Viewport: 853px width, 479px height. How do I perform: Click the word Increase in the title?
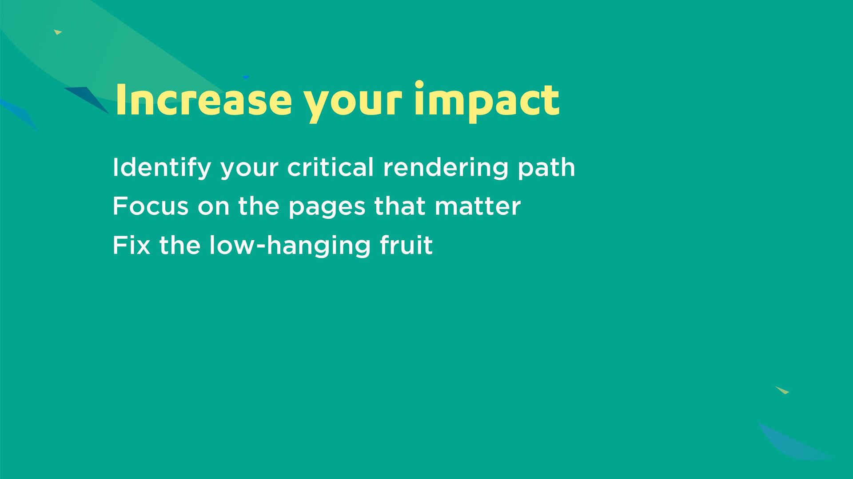[203, 100]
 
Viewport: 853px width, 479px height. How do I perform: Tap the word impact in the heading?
[487, 102]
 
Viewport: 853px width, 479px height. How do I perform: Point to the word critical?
[331, 167]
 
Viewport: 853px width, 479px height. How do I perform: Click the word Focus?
[151, 206]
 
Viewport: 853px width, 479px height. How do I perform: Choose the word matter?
[478, 207]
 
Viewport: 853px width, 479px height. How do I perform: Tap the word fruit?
[406, 245]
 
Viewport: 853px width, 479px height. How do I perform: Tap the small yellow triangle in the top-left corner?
[57, 32]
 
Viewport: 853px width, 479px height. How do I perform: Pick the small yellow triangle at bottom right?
[783, 390]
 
